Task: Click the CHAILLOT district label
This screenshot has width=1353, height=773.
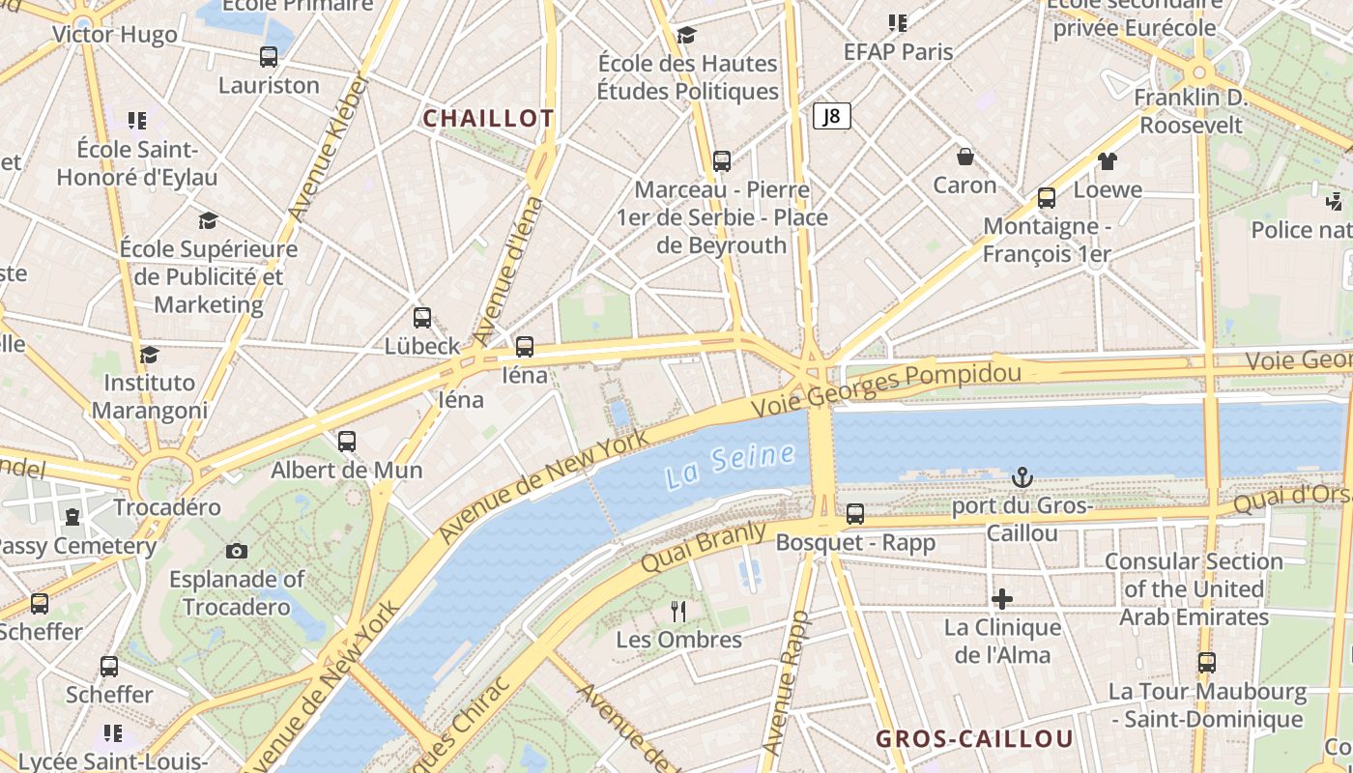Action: (x=488, y=118)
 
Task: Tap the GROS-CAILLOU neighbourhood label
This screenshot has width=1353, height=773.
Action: (x=974, y=739)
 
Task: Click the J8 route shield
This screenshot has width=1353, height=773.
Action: (x=831, y=117)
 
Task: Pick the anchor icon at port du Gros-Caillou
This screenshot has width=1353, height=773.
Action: (x=1022, y=477)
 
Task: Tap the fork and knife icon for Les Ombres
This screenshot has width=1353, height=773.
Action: (x=678, y=611)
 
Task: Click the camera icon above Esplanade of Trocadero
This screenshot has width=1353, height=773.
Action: (x=237, y=551)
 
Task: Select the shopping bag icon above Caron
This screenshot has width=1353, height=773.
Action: (x=964, y=157)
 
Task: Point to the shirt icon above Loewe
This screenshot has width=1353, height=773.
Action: (x=1107, y=161)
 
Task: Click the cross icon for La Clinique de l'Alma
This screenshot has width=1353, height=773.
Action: (x=1002, y=599)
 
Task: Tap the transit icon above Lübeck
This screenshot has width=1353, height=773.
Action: (x=422, y=317)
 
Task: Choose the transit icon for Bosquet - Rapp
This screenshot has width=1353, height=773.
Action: (x=855, y=514)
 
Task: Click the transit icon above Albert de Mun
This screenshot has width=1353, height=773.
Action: (x=346, y=442)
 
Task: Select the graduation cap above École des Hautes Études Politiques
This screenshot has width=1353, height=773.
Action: (x=686, y=36)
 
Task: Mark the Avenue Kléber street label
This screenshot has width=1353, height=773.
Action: (x=329, y=147)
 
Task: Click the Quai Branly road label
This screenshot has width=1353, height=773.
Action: (x=703, y=547)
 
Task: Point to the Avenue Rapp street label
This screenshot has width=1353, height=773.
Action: (x=784, y=682)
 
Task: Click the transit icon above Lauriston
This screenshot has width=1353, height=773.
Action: (x=269, y=57)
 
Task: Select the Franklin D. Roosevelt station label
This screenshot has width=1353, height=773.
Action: (x=1191, y=111)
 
